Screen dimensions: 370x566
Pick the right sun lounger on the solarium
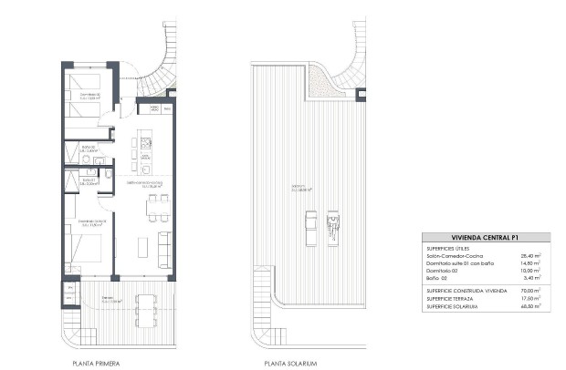[333, 224]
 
